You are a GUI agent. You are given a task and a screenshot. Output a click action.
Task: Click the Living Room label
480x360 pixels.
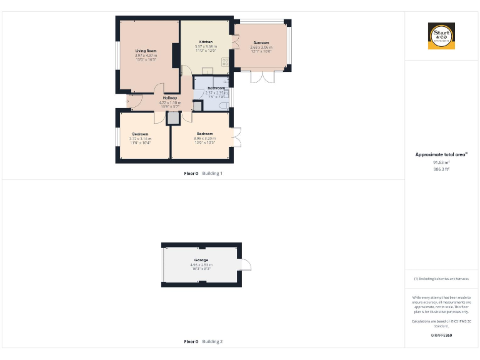pos(146,51)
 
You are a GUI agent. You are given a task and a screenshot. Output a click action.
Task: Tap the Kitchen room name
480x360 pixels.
pos(206,42)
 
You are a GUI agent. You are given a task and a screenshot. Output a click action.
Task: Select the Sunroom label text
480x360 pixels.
pos(261,42)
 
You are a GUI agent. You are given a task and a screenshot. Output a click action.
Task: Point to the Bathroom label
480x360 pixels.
pos(216,89)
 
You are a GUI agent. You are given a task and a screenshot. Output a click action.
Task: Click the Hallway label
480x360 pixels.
pos(169,97)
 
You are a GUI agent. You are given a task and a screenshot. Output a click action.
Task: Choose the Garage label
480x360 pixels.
pos(201,260)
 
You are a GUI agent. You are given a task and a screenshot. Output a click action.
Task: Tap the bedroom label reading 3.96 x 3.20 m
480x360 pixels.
pos(204,134)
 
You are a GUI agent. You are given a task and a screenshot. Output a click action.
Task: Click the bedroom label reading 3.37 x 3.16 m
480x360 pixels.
pos(140,134)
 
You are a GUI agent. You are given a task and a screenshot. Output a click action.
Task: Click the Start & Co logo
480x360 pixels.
pos(441,36)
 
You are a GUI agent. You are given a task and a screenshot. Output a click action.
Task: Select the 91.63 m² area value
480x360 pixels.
pos(441,162)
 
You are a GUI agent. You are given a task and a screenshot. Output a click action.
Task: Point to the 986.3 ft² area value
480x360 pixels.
pos(441,169)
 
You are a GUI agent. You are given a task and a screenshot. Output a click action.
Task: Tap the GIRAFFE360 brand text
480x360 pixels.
pos(441,336)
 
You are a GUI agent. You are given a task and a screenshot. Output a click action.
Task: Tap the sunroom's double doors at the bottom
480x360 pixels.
pos(262,77)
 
